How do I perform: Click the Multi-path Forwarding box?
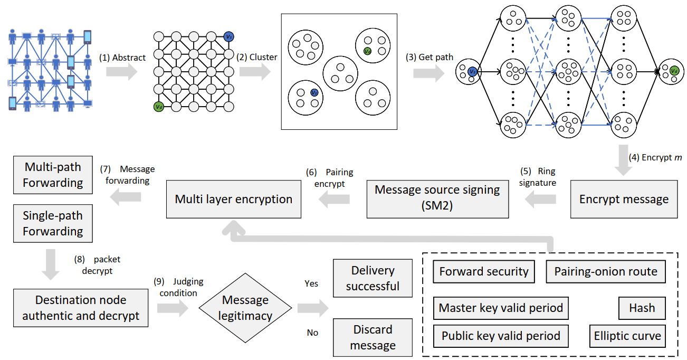[x=53, y=175]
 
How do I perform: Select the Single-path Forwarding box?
[x=53, y=223]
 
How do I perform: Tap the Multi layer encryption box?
[x=234, y=199]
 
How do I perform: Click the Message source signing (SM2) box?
[x=437, y=198]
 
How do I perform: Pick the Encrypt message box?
[x=624, y=200]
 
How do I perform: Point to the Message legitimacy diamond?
[x=245, y=308]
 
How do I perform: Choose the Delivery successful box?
[x=373, y=278]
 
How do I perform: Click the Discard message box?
[x=373, y=337]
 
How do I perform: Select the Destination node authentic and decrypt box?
[x=81, y=308]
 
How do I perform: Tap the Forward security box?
[x=484, y=271]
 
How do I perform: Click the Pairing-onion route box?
[x=606, y=271]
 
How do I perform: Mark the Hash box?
[x=642, y=308]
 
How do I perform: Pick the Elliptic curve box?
[x=627, y=336]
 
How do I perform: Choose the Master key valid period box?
[x=501, y=308]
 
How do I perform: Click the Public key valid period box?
[x=501, y=336]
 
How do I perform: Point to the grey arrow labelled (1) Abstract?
[x=121, y=71]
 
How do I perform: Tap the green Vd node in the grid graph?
[x=158, y=107]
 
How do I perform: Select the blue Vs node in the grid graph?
[x=228, y=37]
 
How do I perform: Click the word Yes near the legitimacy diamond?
[x=311, y=283]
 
